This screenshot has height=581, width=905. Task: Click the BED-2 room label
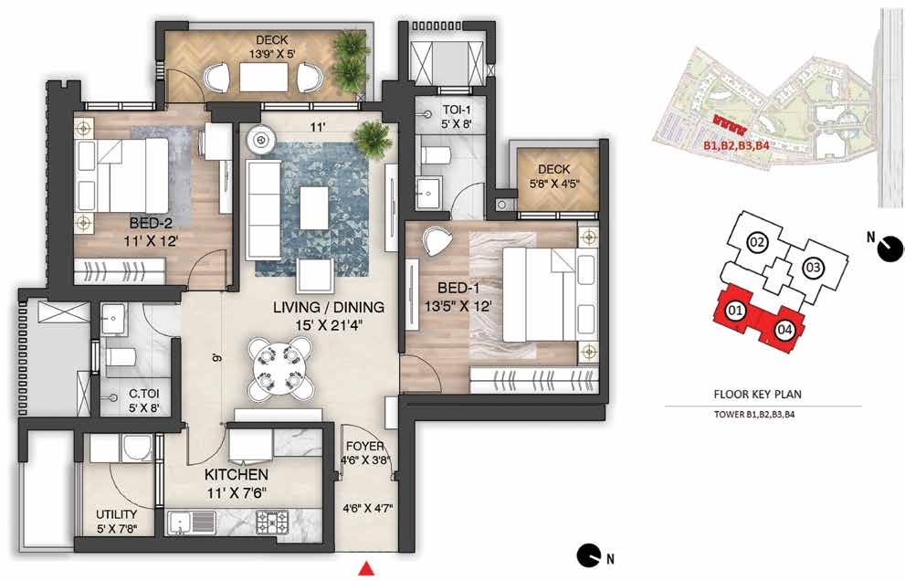(x=150, y=222)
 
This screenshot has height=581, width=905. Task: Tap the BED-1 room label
(x=458, y=288)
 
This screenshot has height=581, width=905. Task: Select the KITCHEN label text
(x=237, y=475)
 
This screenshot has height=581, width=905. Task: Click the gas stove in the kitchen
(x=272, y=523)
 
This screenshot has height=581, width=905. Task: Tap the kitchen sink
(x=192, y=523)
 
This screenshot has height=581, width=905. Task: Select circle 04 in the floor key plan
(x=784, y=331)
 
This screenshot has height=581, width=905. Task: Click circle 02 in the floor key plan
(x=757, y=242)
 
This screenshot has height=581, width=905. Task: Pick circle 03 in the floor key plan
(x=813, y=268)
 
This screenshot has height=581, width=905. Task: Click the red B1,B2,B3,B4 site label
(x=736, y=146)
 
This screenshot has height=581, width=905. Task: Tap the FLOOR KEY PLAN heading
(x=757, y=395)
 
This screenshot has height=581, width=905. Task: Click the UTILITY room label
(x=117, y=514)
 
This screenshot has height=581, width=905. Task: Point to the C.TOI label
(x=143, y=394)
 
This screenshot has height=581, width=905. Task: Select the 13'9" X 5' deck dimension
(x=272, y=54)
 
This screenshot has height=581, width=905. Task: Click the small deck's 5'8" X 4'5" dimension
(x=554, y=185)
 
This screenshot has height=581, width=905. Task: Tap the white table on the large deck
(x=264, y=77)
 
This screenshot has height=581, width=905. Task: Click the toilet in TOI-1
(x=437, y=154)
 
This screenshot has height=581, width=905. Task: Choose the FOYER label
(x=364, y=446)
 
